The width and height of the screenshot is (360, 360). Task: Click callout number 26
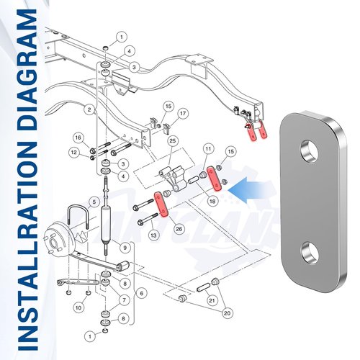179,229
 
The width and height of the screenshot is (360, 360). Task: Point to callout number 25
173,141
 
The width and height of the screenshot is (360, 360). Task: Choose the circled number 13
153,235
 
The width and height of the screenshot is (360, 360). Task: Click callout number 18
212,201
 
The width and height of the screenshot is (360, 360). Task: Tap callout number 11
208,149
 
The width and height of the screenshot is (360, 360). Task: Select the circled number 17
183,113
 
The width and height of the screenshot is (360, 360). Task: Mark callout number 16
78,138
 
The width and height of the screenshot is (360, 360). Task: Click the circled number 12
74,153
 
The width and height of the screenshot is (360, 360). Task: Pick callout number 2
89,110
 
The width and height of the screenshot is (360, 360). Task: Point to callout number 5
94,202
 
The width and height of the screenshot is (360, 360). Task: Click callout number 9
125,248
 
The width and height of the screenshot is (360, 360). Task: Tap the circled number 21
212,300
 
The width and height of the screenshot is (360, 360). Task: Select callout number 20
227,313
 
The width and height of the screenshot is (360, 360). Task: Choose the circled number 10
78,307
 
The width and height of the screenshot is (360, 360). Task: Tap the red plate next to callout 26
161,204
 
